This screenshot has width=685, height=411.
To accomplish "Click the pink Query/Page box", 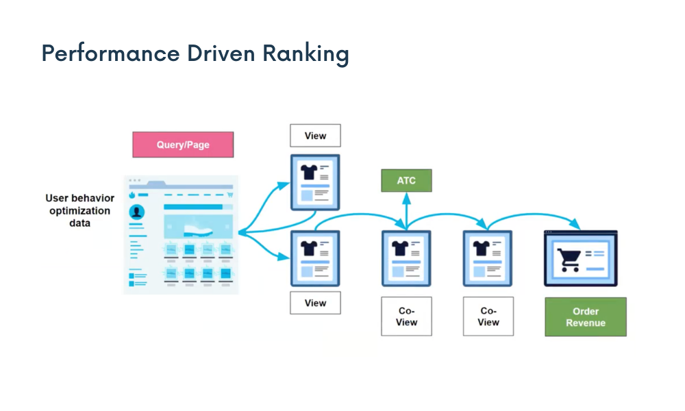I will click(x=183, y=145).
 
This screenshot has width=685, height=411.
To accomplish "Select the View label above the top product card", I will click(x=315, y=136).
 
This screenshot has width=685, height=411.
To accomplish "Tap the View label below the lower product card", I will click(x=315, y=303).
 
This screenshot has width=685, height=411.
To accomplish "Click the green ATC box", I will click(x=406, y=181).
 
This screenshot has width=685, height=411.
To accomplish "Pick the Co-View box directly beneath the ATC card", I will click(x=406, y=316).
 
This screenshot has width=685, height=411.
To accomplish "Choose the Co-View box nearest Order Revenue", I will click(x=488, y=316).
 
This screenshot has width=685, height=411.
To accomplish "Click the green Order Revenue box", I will click(x=586, y=316).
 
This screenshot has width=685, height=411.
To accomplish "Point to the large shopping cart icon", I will click(x=569, y=259).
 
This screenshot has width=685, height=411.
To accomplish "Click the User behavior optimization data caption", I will click(x=80, y=210).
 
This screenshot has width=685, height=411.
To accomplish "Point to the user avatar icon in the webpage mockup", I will click(x=137, y=212).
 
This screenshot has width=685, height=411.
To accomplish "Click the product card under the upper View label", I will click(x=315, y=182).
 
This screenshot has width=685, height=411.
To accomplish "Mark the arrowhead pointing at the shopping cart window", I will click(x=577, y=225).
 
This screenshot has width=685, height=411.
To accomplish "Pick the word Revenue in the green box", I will click(x=586, y=323).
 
